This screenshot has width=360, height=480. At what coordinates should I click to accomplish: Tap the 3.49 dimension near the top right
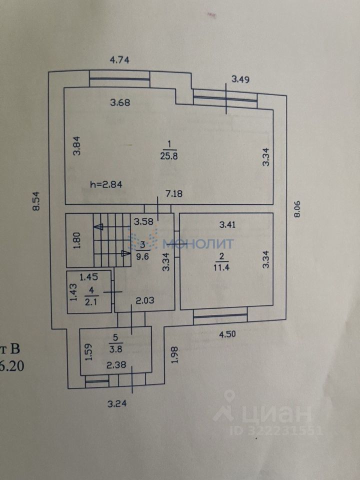[x=240, y=78]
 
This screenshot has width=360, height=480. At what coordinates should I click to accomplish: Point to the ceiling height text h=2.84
[x=106, y=184]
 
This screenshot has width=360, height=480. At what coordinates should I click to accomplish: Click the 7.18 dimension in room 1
[x=178, y=193]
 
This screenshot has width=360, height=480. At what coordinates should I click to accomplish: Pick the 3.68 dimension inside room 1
[x=120, y=103]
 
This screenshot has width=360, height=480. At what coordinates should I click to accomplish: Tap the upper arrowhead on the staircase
[x=98, y=226]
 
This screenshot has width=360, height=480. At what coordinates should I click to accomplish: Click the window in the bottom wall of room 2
[x=220, y=315]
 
